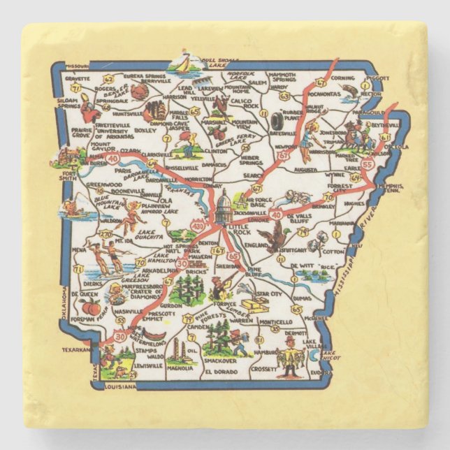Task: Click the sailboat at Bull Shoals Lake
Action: coord(184,62)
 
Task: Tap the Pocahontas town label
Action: coord(321,92)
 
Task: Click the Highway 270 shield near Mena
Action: coord(106,235)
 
